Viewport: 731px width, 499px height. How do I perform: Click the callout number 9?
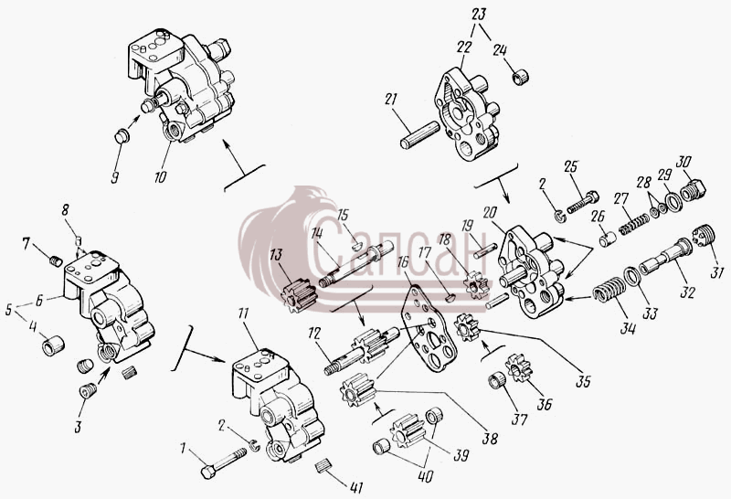tap(115, 177)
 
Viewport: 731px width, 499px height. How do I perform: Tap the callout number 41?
tap(355, 487)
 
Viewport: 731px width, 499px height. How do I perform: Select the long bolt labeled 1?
tap(224, 463)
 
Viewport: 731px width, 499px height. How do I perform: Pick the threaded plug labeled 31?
tap(704, 235)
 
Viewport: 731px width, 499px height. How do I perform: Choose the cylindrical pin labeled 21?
tap(419, 134)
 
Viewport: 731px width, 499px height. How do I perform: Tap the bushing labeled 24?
tap(520, 76)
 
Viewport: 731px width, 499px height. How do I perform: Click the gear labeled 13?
tap(299, 294)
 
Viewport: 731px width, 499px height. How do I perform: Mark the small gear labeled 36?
tap(518, 367)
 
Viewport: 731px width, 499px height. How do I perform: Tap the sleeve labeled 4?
tap(53, 345)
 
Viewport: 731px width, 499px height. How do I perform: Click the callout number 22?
tap(464, 47)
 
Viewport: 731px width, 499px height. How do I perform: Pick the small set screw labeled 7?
tap(56, 261)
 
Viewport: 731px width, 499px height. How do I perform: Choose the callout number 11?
tap(243, 313)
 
